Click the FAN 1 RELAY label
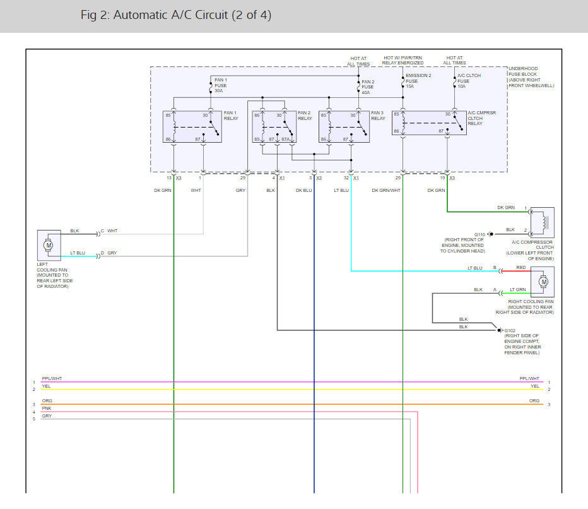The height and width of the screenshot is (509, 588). point(231,116)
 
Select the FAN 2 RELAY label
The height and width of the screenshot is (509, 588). point(305,116)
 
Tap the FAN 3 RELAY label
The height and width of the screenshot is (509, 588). point(378,116)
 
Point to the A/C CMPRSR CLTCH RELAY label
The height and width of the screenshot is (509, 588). point(481,118)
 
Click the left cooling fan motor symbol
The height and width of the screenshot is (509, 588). point(48,245)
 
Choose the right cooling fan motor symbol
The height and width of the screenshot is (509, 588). point(543,282)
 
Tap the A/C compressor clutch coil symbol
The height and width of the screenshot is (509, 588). point(543,222)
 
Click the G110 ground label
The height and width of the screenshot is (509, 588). point(479,234)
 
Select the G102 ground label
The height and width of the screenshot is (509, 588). point(510,331)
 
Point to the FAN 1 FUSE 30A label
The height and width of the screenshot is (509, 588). point(221,85)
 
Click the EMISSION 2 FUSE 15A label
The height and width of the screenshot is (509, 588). point(418,81)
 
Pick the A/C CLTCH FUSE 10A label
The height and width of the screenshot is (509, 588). point(469,81)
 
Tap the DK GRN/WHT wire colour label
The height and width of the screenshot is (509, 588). point(386,190)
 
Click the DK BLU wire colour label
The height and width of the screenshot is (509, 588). point(303,190)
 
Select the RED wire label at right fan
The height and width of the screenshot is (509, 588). point(521,267)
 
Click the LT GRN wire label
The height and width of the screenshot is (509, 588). point(518,289)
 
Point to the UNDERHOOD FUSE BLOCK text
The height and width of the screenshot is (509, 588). point(523,71)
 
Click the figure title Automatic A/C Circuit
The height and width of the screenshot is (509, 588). point(176,15)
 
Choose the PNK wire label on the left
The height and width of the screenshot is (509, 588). point(47,408)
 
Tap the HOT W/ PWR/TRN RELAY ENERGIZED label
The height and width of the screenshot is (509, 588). point(403,61)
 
